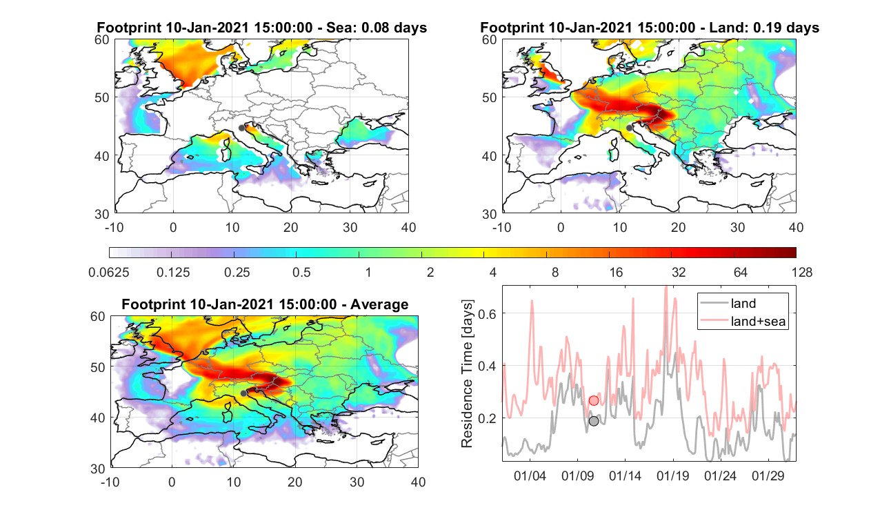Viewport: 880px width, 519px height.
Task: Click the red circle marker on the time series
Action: click(x=594, y=401)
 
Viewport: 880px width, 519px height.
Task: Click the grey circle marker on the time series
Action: click(x=594, y=421)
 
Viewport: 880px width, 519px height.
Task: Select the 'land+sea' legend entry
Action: click(x=743, y=321)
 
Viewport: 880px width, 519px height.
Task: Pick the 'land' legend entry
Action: click(x=728, y=303)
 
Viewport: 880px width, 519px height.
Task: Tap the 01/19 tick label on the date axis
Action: click(x=672, y=476)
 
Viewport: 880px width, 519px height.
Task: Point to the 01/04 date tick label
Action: click(x=530, y=476)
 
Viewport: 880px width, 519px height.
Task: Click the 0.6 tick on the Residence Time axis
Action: click(x=487, y=313)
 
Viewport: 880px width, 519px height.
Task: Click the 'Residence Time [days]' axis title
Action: click(x=467, y=373)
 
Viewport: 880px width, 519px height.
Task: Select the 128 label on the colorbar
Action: click(x=802, y=272)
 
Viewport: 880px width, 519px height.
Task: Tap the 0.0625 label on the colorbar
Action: click(x=109, y=272)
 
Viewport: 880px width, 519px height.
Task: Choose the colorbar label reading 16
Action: click(x=616, y=272)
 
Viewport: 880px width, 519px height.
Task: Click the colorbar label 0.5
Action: click(x=301, y=272)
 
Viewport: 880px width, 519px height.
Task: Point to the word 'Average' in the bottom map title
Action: click(x=379, y=304)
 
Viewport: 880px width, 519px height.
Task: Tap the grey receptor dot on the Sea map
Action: click(x=241, y=128)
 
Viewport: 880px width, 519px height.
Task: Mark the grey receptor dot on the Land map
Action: click(x=629, y=128)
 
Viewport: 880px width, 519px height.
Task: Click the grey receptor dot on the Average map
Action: click(x=243, y=393)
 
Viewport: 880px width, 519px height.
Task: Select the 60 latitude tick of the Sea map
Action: click(x=102, y=40)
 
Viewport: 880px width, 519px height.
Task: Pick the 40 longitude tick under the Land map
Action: click(x=796, y=227)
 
